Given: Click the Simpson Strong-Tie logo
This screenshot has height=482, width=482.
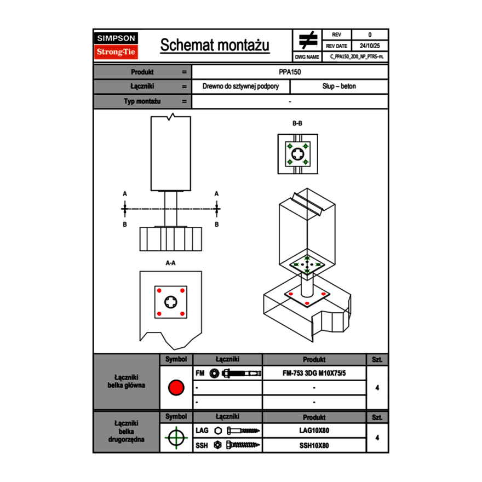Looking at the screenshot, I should click(x=116, y=45).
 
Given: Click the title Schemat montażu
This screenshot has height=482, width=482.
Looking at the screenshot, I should click(x=215, y=45).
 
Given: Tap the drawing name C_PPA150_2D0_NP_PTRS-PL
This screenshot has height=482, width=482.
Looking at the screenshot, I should click(x=357, y=56).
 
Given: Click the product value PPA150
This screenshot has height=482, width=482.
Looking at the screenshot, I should click(x=290, y=72).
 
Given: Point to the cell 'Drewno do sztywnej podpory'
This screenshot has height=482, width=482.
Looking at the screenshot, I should click(x=240, y=87).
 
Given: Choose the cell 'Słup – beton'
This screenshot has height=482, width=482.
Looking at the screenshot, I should click(x=339, y=87).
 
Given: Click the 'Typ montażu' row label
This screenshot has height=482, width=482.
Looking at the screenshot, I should click(x=142, y=101).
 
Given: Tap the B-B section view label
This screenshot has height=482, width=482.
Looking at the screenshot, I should click(x=297, y=123).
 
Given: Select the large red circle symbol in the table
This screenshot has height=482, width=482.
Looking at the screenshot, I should click(x=176, y=388).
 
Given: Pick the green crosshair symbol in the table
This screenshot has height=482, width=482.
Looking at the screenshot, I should click(x=176, y=438).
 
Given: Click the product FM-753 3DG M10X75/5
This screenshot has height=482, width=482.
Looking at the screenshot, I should click(x=314, y=374).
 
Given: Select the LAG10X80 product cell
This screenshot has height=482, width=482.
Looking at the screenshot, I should click(x=314, y=431).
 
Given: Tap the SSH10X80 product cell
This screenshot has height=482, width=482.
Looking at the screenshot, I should click(x=314, y=445).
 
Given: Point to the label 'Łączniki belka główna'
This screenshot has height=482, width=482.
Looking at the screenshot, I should click(x=126, y=381).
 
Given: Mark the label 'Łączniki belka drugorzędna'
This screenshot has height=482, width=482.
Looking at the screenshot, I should click(x=126, y=431).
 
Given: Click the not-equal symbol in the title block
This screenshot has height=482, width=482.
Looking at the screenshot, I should click(x=308, y=40).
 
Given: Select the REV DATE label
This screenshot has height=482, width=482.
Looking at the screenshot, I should click(x=336, y=46).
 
